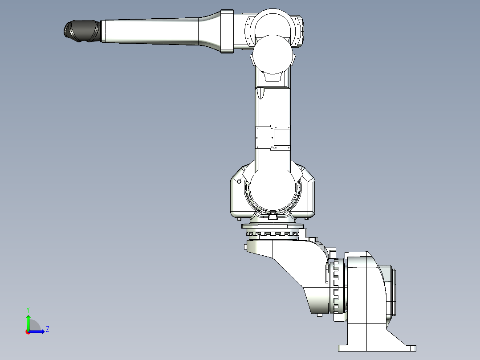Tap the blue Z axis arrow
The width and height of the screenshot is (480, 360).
coord(38,331)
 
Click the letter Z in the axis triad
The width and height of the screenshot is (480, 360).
coord(47,329)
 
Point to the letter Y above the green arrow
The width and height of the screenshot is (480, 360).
coord(28,309)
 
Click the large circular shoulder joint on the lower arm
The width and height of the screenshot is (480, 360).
coord(273,187)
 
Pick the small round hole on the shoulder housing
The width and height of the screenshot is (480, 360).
coord(239,181)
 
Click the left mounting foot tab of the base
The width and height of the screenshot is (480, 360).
coord(343,348)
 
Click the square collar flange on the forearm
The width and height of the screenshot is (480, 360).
coord(227,31)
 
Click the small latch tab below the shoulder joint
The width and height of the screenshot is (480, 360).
coord(273,217)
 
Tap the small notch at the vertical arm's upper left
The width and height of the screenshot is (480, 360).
coord(260,94)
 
